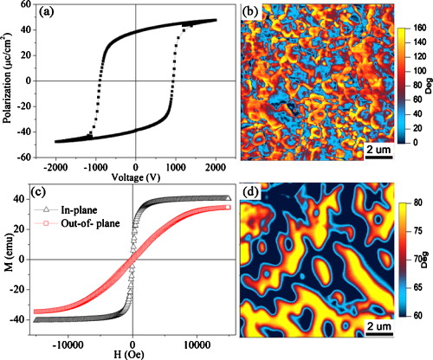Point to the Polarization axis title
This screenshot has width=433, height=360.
[x=10, y=81]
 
